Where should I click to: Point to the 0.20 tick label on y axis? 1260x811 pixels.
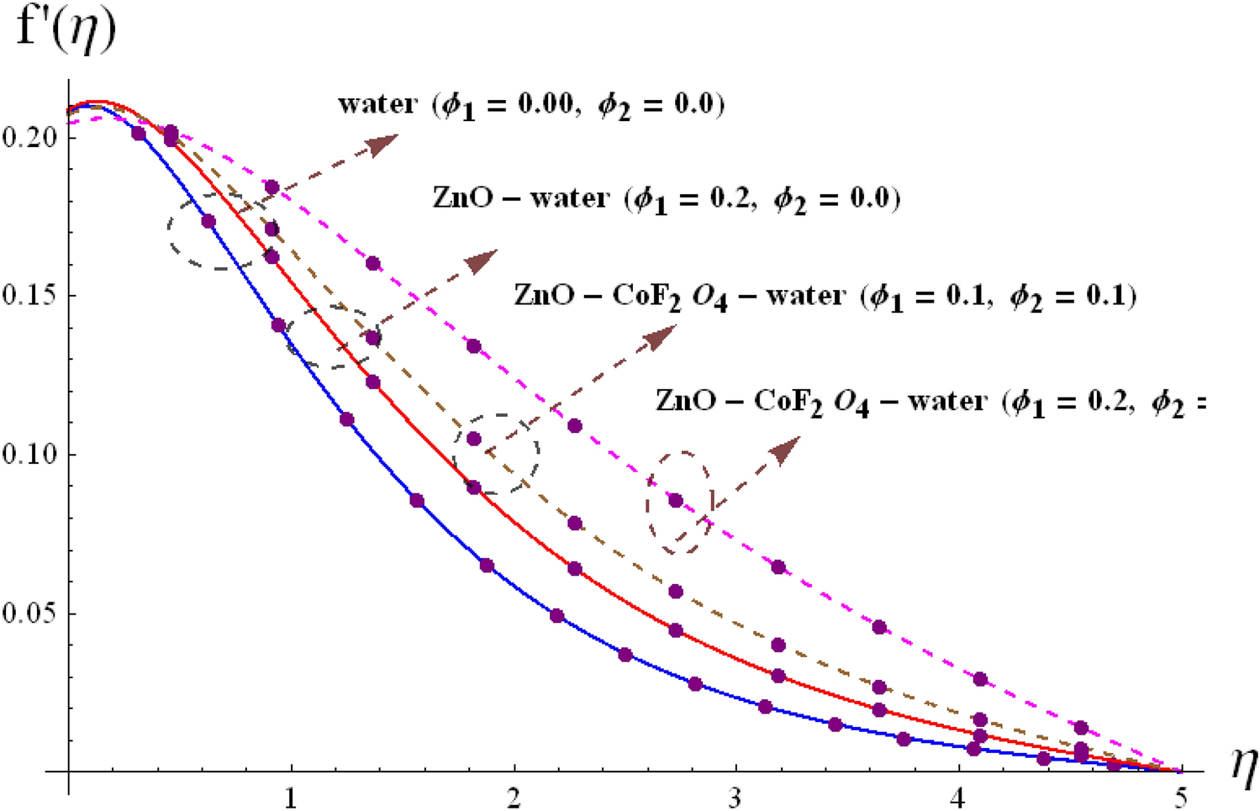pos(29,137)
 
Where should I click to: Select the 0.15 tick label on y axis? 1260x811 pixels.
pos(29,296)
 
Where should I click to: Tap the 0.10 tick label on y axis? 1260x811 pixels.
pos(29,455)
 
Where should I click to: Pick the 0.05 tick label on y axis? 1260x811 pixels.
pos(29,614)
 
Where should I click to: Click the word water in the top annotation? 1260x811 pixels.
pos(377,104)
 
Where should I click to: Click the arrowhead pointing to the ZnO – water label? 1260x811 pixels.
pos(482,261)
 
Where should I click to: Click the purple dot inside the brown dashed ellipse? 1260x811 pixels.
pos(676,500)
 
